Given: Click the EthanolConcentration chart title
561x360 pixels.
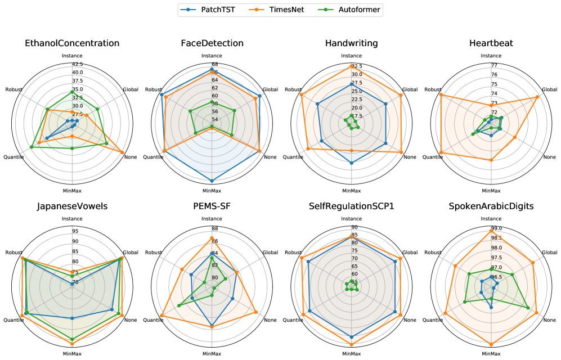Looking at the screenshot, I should (72, 43).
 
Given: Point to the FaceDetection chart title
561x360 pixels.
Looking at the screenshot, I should (212, 43).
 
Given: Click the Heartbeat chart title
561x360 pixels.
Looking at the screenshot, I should (491, 43).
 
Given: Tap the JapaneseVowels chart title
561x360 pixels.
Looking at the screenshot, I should (72, 206).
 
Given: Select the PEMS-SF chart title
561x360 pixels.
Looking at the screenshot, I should (212, 206).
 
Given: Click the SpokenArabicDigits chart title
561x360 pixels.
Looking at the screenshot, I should (491, 206).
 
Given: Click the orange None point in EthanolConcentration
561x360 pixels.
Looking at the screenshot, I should (122, 152).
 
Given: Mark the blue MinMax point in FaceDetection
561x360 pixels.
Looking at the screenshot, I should (212, 181).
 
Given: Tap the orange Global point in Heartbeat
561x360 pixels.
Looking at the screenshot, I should (537, 97).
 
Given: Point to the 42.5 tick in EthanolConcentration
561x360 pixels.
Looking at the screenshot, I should (77, 64).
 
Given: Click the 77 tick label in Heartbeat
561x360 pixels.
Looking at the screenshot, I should (494, 66).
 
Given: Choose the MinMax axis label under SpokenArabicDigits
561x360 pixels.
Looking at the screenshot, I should (491, 353).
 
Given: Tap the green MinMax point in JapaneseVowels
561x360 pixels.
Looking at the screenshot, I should (72, 340).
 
